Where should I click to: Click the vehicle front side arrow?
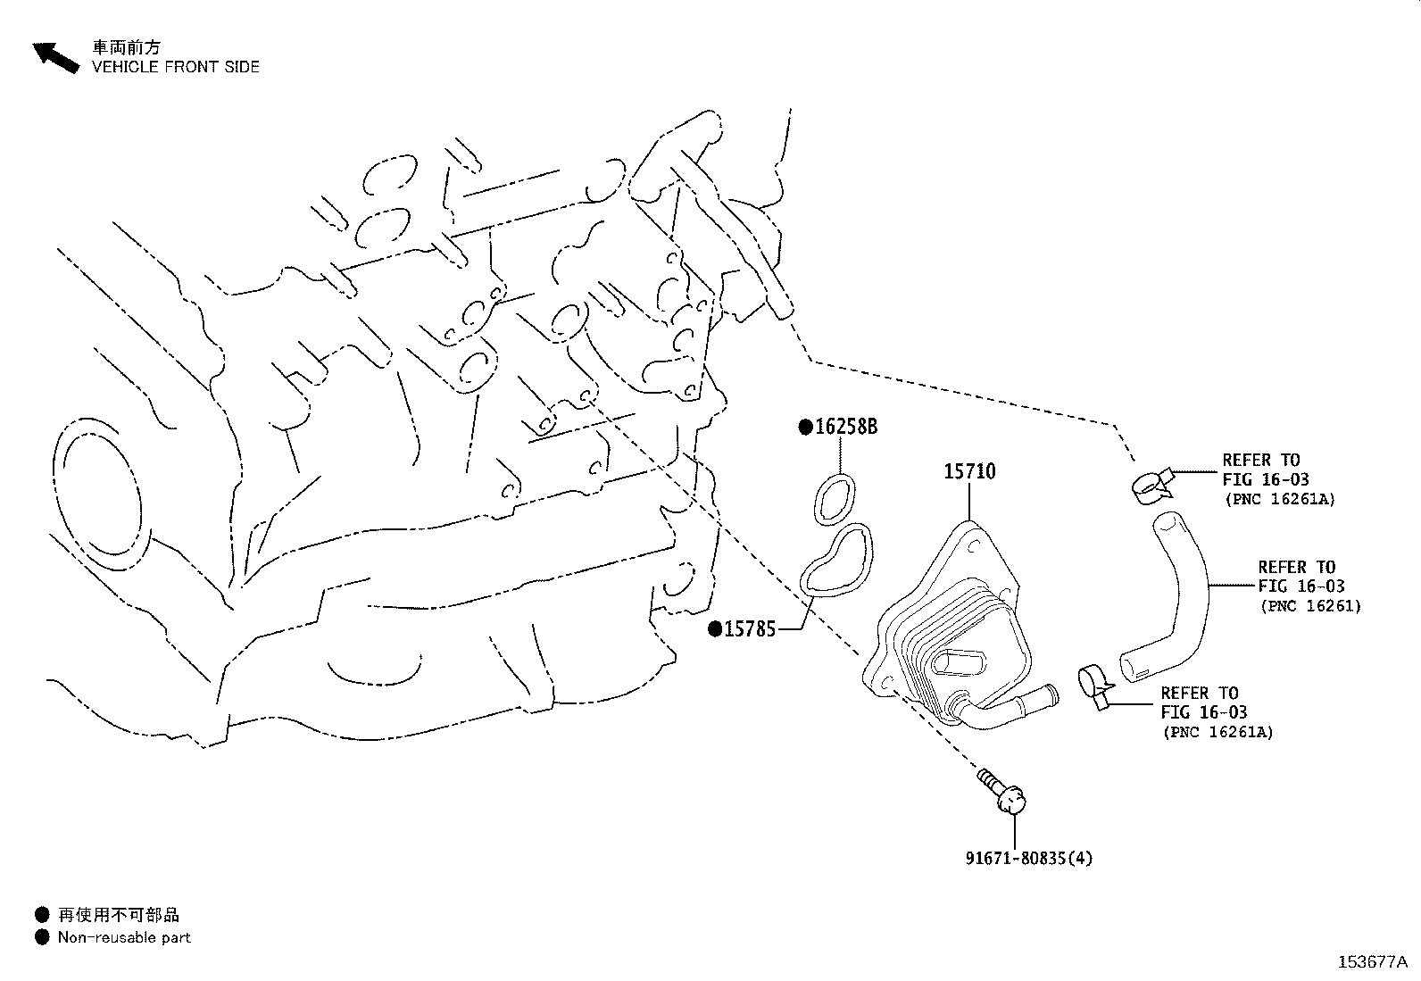[x=56, y=58]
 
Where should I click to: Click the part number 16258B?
[x=845, y=427]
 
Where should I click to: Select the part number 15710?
[x=969, y=471]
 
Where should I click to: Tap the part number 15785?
[x=750, y=629]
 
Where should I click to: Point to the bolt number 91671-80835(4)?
[x=1029, y=859]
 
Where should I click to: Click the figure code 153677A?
[x=1373, y=962]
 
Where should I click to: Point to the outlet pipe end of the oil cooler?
[x=1051, y=694]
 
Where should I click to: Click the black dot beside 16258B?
[x=806, y=428]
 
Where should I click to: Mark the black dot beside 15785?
[x=715, y=629]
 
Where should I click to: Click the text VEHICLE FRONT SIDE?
[x=176, y=67]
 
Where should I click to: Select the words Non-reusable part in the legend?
[x=124, y=937]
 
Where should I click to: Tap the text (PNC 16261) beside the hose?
[x=1310, y=606]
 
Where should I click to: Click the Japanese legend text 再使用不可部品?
[x=119, y=914]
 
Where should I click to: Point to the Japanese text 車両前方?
[x=127, y=47]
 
